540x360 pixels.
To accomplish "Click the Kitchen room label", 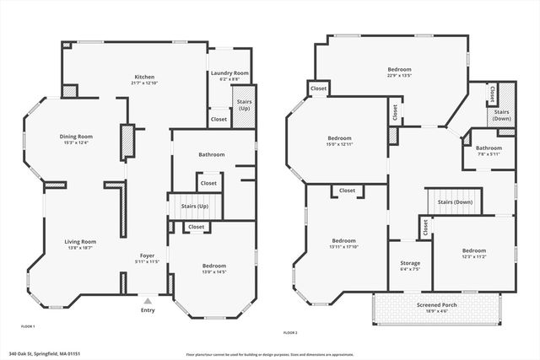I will pyautogui.click(x=145, y=77).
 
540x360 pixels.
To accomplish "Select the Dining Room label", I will pyautogui.click(x=76, y=137).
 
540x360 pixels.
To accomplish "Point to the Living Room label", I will pyautogui.click(x=81, y=242).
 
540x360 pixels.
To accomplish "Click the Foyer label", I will pyautogui.click(x=148, y=255).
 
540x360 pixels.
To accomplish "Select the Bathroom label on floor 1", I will pyautogui.click(x=211, y=155).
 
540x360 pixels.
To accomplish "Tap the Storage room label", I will pyautogui.click(x=410, y=263).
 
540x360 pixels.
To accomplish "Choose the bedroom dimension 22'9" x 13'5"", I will pyautogui.click(x=398, y=74).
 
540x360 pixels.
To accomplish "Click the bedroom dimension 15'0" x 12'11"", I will pyautogui.click(x=340, y=143).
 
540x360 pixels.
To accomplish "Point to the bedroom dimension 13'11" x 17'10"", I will pyautogui.click(x=345, y=246).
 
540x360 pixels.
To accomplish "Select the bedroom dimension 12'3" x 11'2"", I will pyautogui.click(x=473, y=255).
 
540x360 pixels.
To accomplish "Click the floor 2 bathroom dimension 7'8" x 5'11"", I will pyautogui.click(x=489, y=154).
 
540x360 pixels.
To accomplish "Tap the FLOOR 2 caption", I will pyautogui.click(x=291, y=332).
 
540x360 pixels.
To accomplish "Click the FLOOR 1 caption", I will pyautogui.click(x=28, y=325).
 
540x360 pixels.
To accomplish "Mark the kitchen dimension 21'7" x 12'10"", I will pyautogui.click(x=145, y=83).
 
